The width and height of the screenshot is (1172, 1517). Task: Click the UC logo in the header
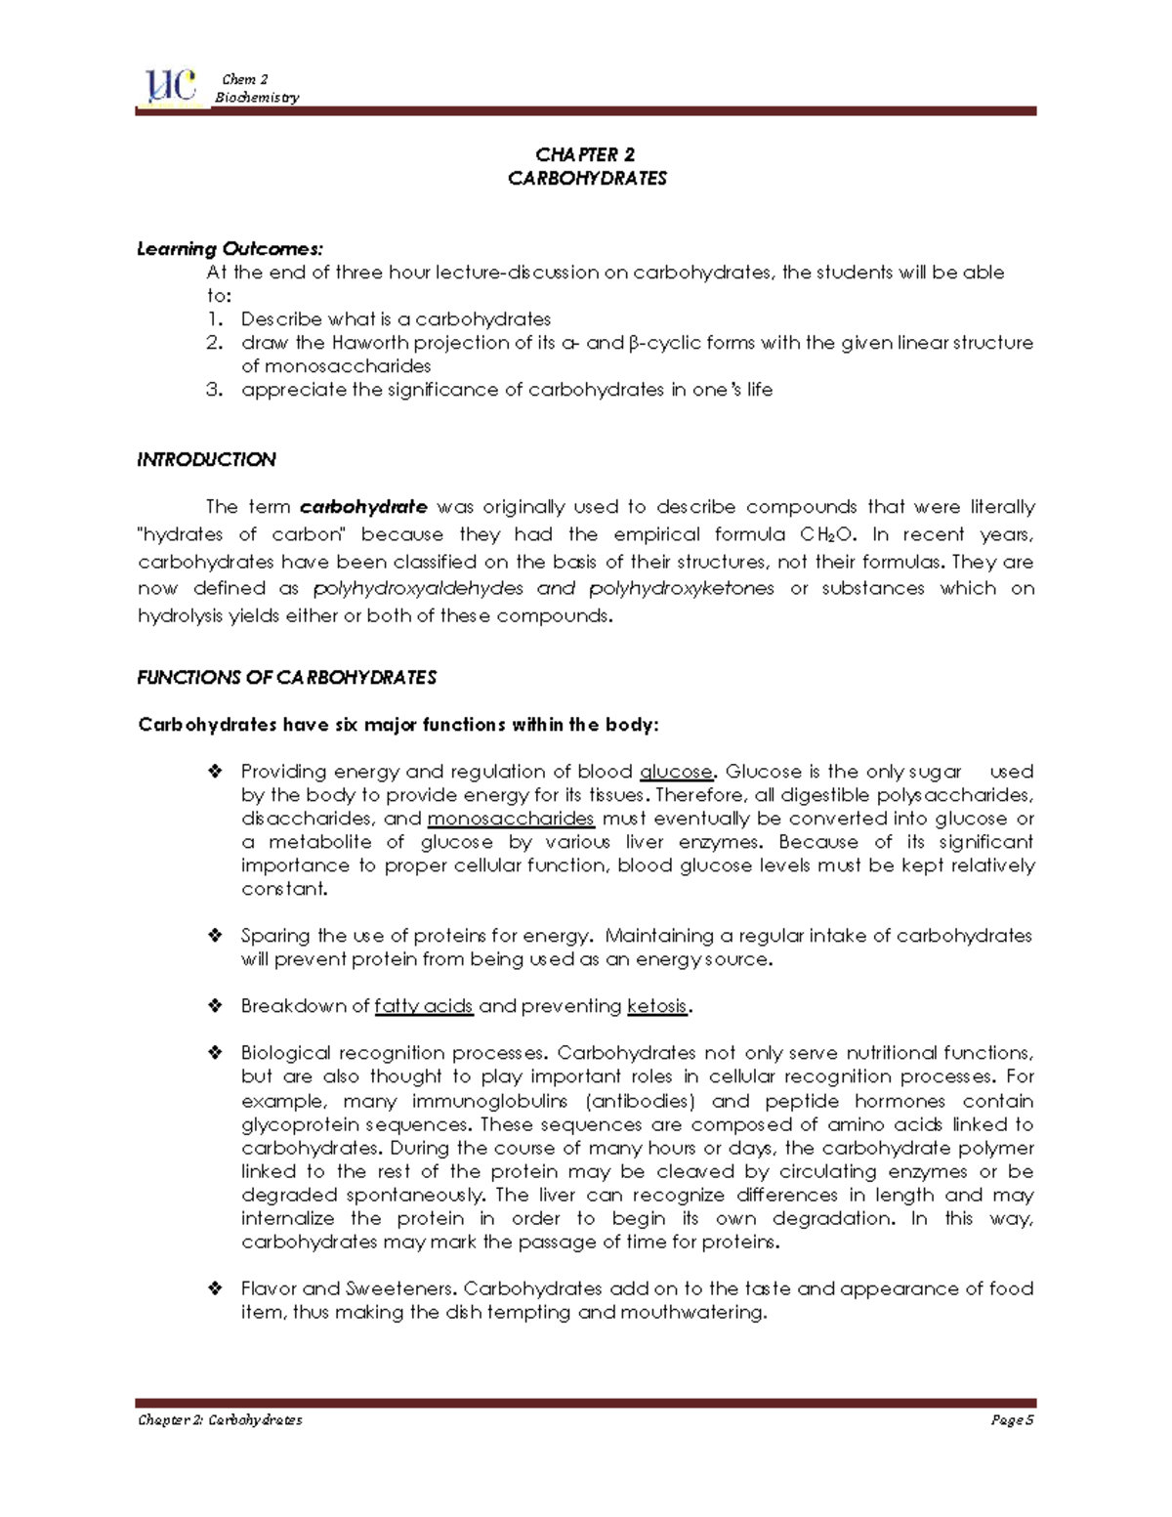coord(170,87)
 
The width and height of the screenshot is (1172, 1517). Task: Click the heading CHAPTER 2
coord(585,154)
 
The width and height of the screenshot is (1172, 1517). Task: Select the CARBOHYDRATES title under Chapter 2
coord(587,178)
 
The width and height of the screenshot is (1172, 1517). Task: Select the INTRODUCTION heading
coord(206,459)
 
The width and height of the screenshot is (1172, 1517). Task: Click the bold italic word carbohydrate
coord(363,507)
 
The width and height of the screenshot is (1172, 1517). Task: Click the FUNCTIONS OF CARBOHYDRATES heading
coord(286,677)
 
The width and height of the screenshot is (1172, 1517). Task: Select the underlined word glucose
coord(676,772)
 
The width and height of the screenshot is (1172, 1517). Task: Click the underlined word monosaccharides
coord(511,819)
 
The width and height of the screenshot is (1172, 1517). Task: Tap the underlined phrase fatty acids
coord(424,1006)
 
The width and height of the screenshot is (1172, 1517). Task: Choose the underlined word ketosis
coord(657,1006)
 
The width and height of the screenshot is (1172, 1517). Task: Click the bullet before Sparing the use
coord(215,936)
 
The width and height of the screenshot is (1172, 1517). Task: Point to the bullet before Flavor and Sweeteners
coord(215,1289)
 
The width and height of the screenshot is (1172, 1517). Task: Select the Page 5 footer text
coord(1012,1420)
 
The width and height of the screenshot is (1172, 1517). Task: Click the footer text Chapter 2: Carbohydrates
coord(220,1420)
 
